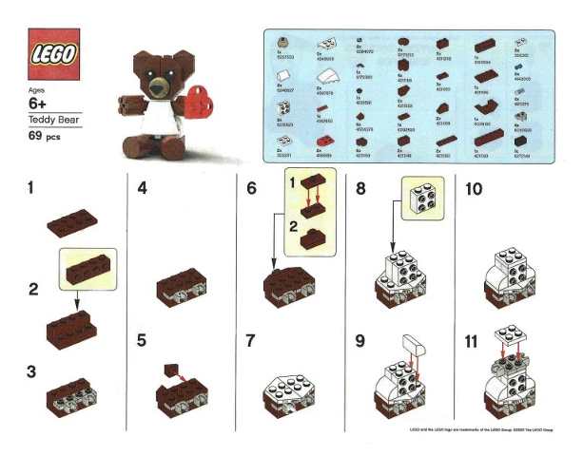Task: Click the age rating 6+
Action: tap(42, 103)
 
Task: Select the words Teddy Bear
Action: tap(56, 121)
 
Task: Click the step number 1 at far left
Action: tap(34, 188)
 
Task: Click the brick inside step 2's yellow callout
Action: tap(87, 263)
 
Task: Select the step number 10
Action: tap(478, 189)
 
